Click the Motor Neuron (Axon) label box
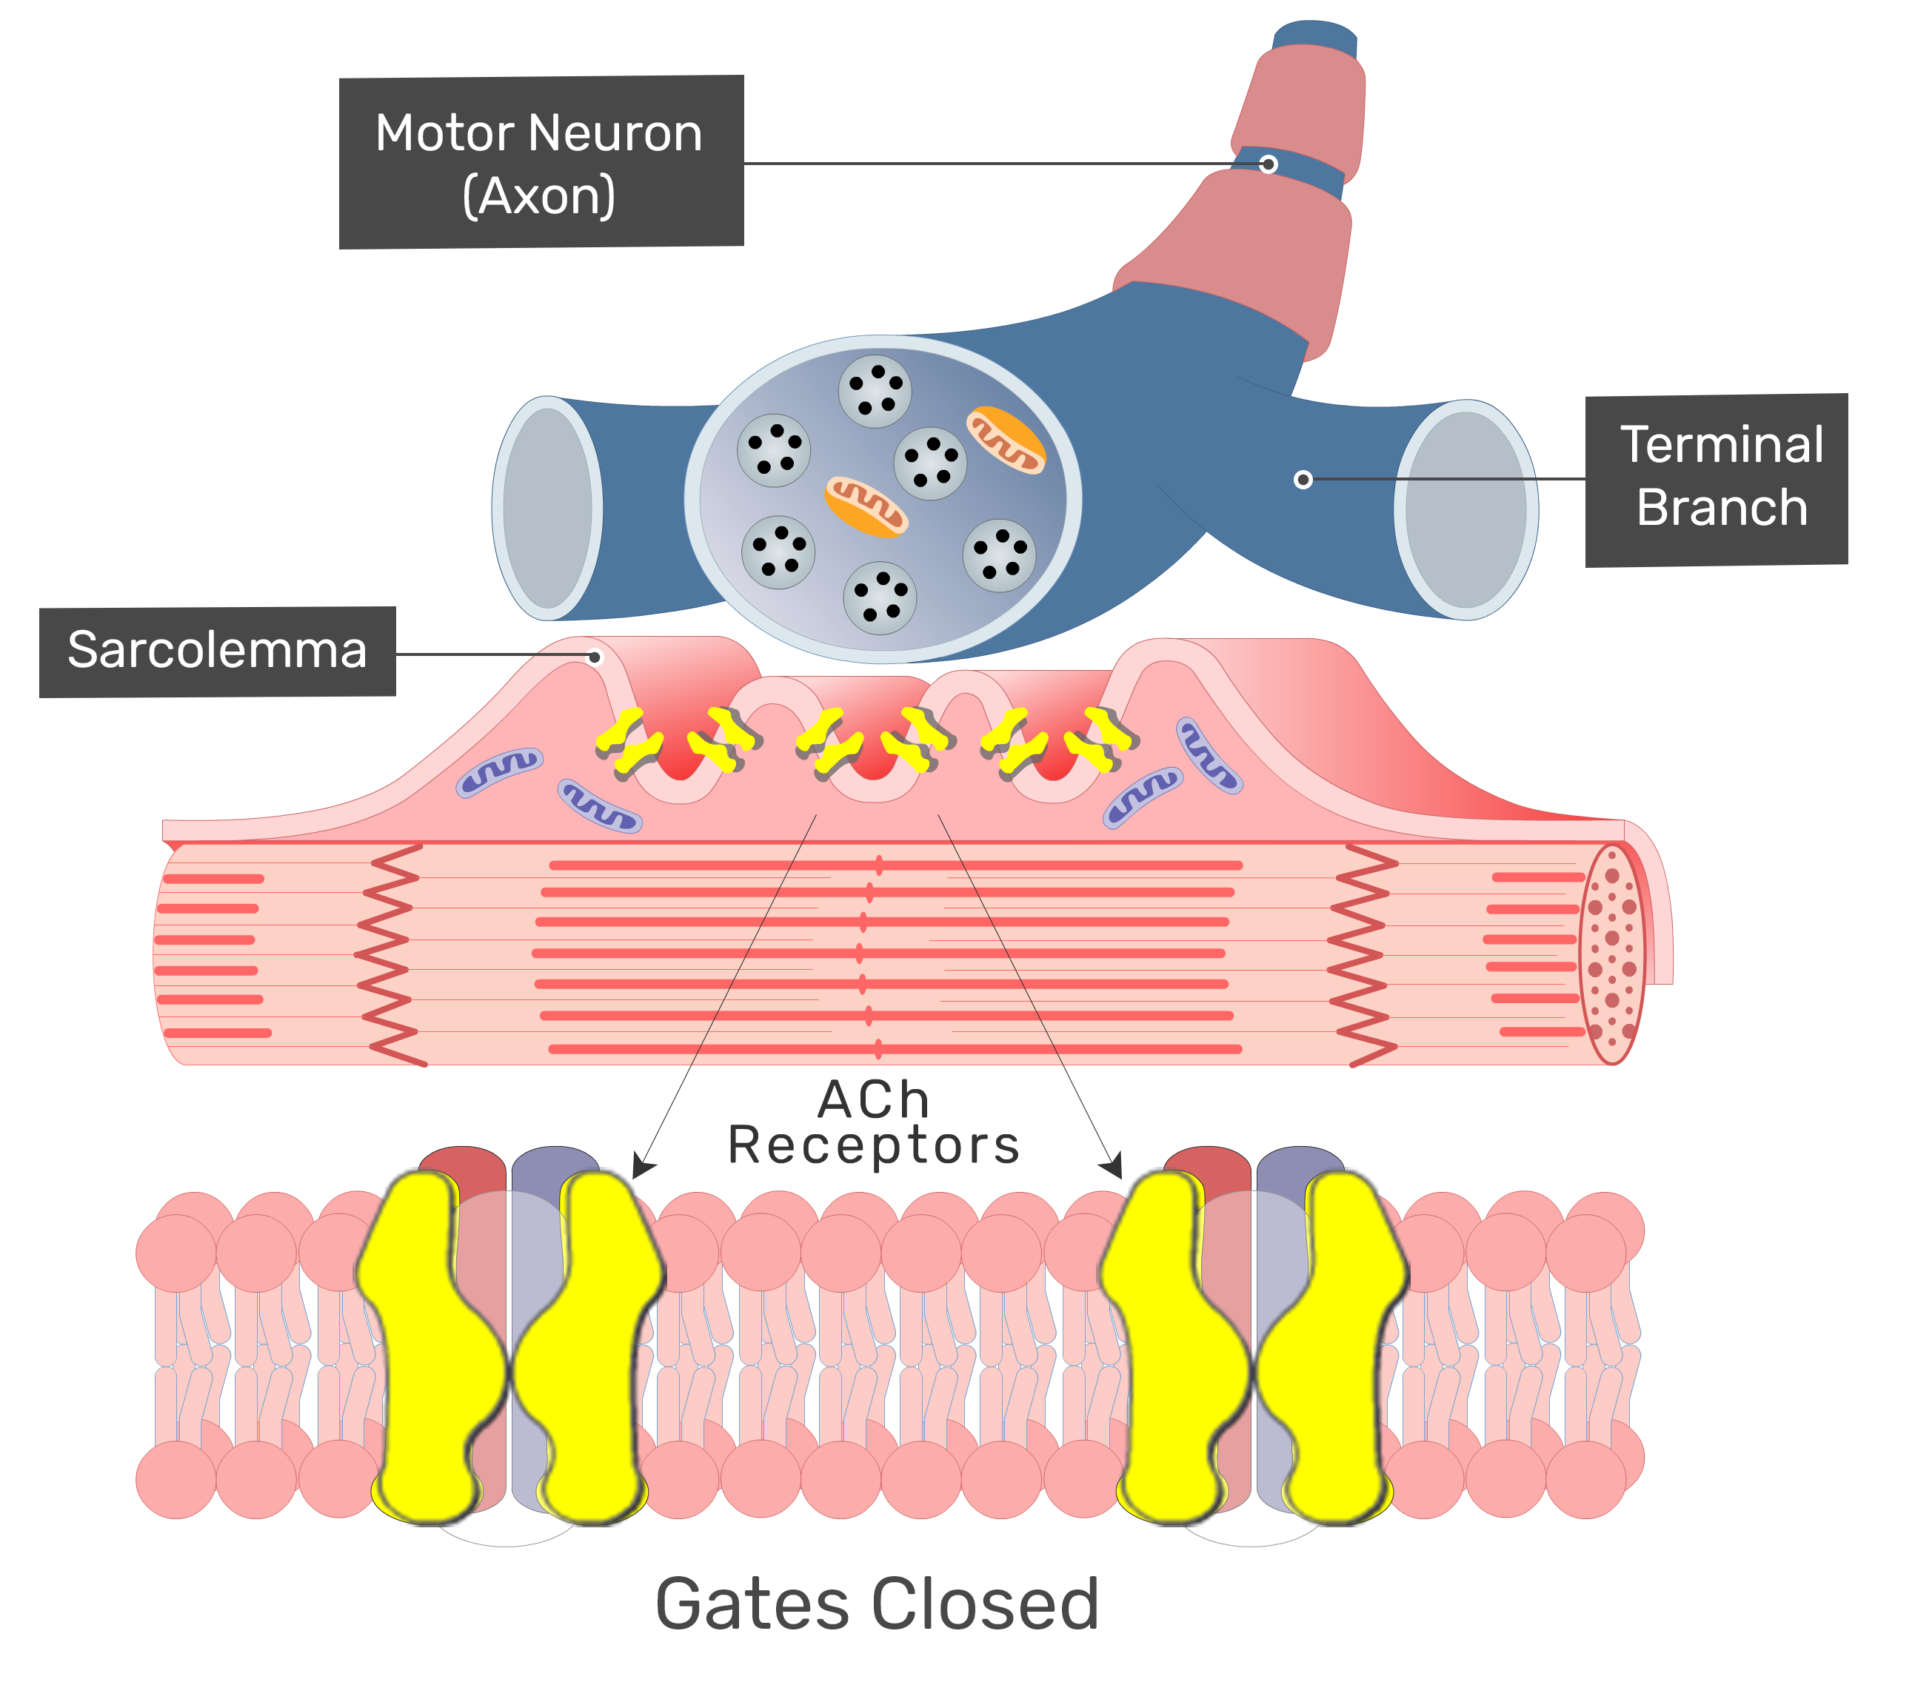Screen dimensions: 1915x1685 coord(541,162)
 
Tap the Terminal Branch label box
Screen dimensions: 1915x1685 coord(1717,480)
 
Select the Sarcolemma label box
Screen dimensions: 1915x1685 coord(218,652)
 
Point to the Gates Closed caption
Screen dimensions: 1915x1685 coord(877,1604)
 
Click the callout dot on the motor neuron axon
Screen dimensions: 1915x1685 coord(1269,165)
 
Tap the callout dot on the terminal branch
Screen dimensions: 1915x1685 coord(1303,480)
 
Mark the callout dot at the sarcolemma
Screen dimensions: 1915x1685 coord(595,657)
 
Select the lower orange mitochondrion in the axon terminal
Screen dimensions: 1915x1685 coord(866,506)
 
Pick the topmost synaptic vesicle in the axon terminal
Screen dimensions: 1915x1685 coord(875,391)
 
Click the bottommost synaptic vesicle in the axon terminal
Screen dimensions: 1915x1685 coord(880,598)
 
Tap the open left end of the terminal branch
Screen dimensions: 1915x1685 coord(548,509)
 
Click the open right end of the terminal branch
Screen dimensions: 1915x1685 coord(1466,511)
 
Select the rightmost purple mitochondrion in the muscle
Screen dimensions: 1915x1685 coord(1209,755)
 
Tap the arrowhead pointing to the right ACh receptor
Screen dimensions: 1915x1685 coord(1112,1167)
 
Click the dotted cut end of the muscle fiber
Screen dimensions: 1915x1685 coord(1612,954)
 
